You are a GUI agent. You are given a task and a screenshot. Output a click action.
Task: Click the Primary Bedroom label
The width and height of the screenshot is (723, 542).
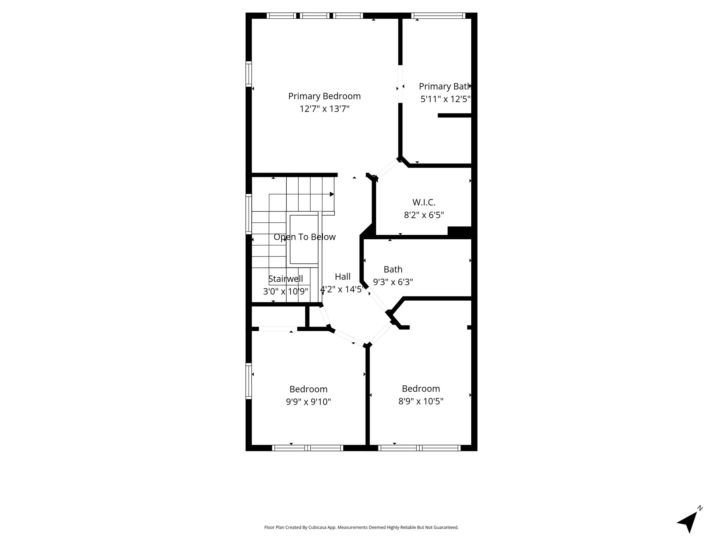tap(324, 96)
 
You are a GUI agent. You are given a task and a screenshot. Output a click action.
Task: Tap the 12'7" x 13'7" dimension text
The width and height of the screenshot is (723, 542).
tap(324, 109)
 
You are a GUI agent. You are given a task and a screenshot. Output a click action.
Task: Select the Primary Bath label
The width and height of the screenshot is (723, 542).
tap(445, 86)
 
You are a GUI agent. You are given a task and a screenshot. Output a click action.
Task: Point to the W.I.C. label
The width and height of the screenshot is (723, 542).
tap(424, 203)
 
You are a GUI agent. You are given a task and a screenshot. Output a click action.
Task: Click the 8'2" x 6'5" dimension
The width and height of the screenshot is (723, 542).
tap(424, 215)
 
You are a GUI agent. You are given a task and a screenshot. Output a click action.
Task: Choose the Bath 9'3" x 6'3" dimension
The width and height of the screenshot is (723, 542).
tap(393, 282)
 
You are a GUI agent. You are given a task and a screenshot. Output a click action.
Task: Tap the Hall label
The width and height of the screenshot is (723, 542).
tap(342, 277)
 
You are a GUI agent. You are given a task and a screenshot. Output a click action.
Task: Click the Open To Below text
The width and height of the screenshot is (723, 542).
tap(305, 237)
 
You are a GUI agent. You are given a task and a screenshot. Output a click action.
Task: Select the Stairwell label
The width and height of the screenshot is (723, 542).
tap(286, 279)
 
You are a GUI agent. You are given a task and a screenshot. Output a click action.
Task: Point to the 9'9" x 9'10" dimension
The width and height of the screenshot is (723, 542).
tap(309, 402)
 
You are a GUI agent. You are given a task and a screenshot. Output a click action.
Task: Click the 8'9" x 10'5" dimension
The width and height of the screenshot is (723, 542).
tap(421, 401)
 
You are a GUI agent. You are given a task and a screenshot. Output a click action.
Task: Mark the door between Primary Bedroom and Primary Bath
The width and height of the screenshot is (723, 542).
tap(400, 84)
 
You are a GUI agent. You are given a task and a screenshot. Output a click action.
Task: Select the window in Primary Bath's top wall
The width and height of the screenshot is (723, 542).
tap(438, 16)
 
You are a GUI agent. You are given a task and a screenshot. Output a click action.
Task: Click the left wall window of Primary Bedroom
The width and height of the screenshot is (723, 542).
tap(249, 74)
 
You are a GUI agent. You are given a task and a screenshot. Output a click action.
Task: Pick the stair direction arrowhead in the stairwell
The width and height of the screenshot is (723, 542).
tap(332, 194)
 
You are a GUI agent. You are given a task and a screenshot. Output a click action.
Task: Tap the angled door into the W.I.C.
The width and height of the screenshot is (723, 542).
tap(387, 168)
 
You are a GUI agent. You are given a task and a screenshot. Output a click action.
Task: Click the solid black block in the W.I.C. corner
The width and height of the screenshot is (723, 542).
tap(460, 231)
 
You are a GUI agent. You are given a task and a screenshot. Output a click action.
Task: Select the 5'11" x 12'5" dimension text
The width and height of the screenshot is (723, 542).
tap(446, 99)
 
